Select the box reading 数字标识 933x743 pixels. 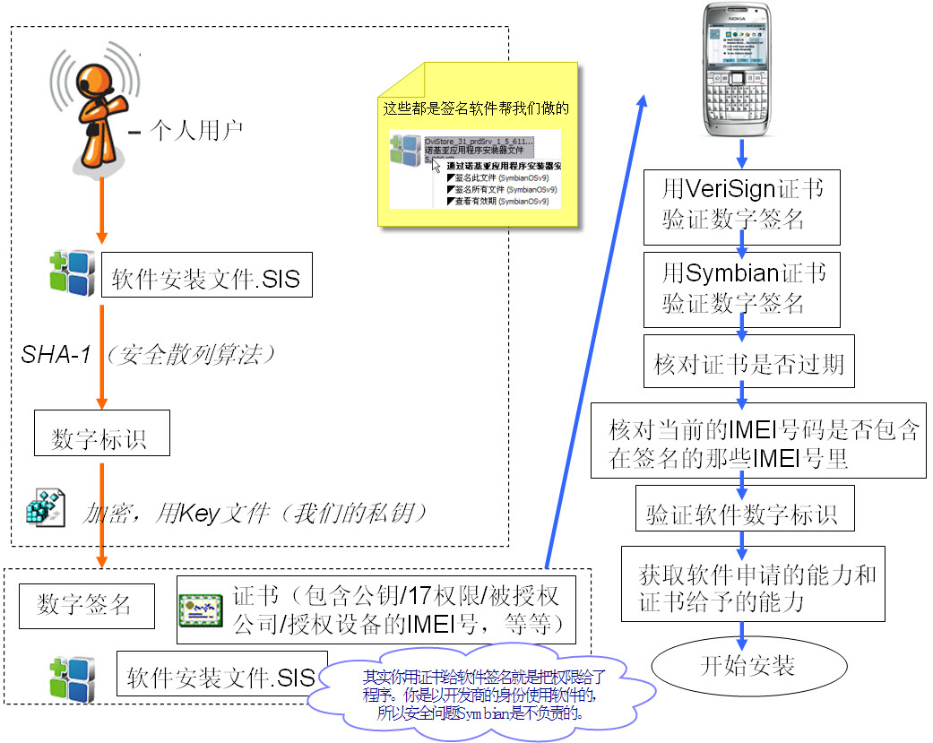point(99,435)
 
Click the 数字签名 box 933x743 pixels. point(86,604)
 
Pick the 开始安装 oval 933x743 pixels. point(747,665)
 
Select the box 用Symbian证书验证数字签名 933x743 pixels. point(742,289)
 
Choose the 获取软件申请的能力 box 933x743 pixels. point(753,586)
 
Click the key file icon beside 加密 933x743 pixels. point(44,508)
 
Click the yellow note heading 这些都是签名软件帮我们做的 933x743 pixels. point(475,108)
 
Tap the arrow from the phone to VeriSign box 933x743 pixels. point(742,154)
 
